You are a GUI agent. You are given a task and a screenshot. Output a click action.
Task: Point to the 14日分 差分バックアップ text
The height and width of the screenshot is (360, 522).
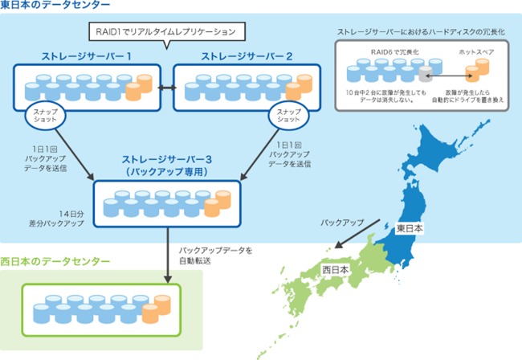point(67,219)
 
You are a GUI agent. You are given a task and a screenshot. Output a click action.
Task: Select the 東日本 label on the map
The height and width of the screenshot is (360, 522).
point(409,228)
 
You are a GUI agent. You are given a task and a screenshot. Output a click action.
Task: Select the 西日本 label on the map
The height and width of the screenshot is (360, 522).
point(335,269)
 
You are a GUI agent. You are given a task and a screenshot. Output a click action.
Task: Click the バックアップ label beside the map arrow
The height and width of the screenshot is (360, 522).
point(342,219)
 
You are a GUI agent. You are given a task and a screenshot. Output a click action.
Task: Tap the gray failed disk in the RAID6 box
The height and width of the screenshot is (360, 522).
point(425,76)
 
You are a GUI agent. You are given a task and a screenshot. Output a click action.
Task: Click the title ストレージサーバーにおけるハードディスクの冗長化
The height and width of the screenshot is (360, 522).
point(423,32)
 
